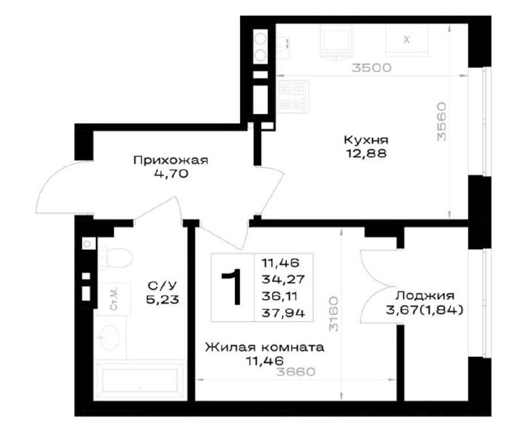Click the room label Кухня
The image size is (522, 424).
366,140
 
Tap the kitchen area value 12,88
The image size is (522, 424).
366,153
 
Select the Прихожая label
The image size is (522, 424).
171,160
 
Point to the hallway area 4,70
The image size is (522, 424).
170,174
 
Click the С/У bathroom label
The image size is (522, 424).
162,286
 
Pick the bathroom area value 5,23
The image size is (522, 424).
162,300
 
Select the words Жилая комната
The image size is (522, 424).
264,348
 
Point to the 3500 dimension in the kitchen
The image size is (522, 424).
372,68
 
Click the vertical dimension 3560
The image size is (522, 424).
442,121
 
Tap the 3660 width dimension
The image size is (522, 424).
296,372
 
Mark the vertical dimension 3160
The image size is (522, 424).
333,314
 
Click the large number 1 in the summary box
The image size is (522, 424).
232,287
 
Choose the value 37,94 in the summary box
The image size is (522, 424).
283,313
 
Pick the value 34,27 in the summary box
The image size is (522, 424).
283,279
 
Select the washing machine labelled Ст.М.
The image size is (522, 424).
114,299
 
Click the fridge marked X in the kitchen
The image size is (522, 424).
407,40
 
